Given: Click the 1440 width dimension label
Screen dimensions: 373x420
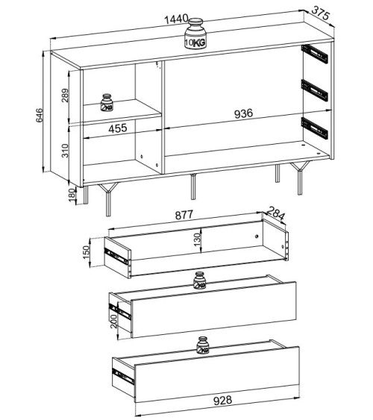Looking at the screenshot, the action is click(x=176, y=19).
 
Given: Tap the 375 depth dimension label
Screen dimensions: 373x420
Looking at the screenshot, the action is click(x=321, y=13).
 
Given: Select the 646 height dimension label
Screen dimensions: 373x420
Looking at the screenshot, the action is click(x=39, y=115).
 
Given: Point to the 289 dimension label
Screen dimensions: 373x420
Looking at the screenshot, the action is click(x=65, y=95).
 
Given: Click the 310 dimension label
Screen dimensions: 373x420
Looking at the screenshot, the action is click(x=65, y=151).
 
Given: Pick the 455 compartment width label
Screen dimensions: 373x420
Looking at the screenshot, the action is click(x=118, y=128).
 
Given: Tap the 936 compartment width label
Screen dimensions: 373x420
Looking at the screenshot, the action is click(x=243, y=113).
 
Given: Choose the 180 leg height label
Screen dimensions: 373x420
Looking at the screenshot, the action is click(x=72, y=195).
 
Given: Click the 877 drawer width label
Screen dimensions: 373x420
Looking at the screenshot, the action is click(x=184, y=215).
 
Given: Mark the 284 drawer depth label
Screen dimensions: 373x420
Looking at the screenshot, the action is click(x=276, y=213).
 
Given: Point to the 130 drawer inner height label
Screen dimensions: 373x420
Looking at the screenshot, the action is click(x=197, y=239).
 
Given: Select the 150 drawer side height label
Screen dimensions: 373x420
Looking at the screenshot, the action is click(x=86, y=252).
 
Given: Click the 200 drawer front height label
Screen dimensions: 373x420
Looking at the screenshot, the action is click(x=113, y=322).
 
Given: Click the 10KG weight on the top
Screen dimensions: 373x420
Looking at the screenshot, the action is click(x=195, y=34).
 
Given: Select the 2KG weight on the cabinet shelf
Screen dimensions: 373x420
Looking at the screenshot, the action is click(x=107, y=102).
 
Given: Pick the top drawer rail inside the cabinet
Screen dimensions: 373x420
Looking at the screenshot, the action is click(x=315, y=54).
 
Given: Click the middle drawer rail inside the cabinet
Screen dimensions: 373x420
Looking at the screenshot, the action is click(x=315, y=90).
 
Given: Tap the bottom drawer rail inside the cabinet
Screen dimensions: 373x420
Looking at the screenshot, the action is click(x=315, y=128).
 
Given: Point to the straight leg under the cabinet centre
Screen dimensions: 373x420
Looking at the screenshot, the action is click(x=193, y=187).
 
